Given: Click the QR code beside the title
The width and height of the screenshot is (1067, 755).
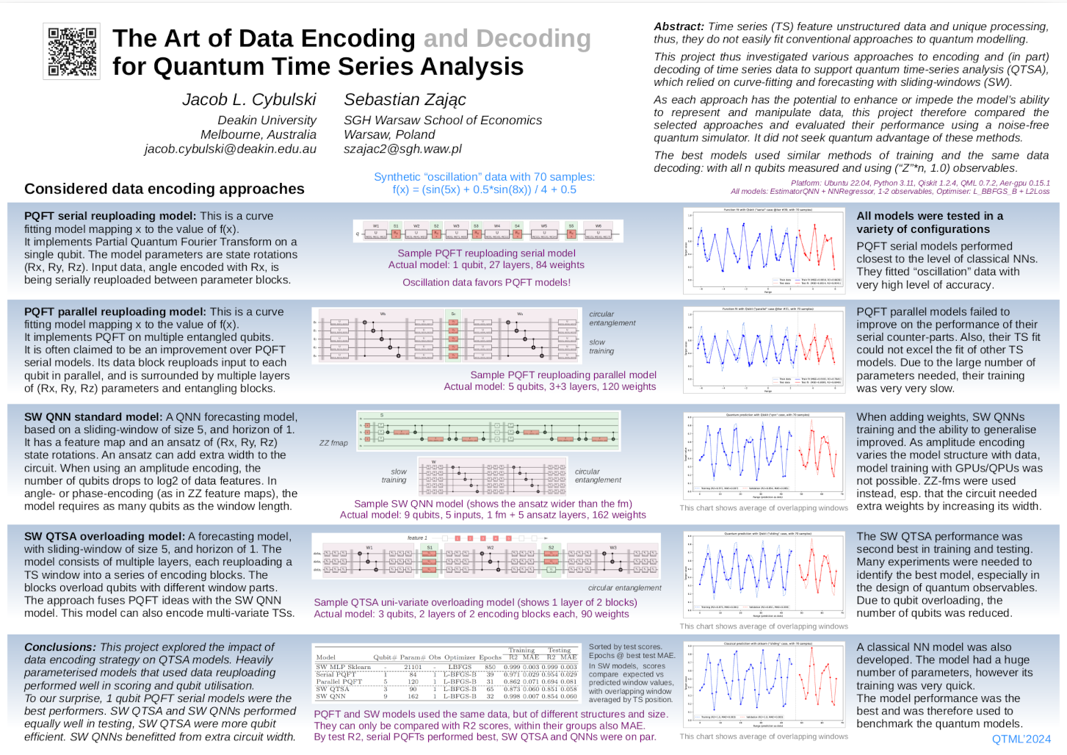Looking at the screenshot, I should tap(72, 52).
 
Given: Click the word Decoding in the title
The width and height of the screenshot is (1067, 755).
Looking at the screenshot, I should tap(533, 38).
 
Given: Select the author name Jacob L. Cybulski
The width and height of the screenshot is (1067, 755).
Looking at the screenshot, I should tap(249, 100).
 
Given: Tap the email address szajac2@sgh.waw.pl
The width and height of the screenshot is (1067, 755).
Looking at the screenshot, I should tap(402, 149).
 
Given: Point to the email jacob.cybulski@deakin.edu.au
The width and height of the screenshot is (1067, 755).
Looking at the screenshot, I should tap(230, 149).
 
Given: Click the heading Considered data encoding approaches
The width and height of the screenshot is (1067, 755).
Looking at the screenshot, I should tap(164, 189).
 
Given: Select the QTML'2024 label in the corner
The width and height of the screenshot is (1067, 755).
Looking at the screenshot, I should tap(1021, 739).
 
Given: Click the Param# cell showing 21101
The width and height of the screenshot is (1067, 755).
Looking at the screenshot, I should tap(413, 667).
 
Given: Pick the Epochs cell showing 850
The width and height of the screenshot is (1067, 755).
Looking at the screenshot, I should tap(490, 667).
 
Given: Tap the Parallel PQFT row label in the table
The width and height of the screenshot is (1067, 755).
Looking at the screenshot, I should tap(339, 682).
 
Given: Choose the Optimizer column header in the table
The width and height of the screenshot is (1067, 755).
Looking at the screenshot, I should tap(460, 657).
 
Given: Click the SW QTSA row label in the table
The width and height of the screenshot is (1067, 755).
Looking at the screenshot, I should tap(332, 689).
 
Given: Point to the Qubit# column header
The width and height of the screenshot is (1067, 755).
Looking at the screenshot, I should tap(385, 657).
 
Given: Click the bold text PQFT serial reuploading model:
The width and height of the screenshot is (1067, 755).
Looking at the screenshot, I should tap(110, 216).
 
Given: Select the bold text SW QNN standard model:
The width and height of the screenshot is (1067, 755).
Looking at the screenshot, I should tap(93, 416).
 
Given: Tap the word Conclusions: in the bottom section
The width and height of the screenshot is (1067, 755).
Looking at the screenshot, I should tap(60, 647).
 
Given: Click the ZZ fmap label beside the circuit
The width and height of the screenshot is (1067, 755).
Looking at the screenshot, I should tap(333, 443).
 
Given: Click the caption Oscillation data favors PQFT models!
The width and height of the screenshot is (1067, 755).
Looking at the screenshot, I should tap(486, 282).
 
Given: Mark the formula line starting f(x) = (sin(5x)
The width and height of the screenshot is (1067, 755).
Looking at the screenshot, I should tap(484, 189).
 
